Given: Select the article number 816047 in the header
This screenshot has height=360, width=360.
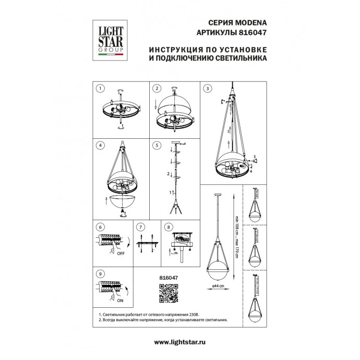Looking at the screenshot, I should click(x=253, y=32).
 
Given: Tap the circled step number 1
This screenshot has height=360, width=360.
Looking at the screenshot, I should click(x=101, y=89).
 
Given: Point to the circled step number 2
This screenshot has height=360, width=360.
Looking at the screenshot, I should click(x=156, y=89).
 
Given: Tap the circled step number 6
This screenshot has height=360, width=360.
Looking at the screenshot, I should click(x=101, y=227).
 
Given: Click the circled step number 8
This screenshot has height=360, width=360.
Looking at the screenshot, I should click(x=169, y=227).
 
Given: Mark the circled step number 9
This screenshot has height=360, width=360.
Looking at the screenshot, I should click(x=101, y=273).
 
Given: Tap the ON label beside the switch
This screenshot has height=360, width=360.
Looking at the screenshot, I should click(x=120, y=301).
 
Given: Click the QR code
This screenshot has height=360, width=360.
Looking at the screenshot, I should click(x=168, y=294).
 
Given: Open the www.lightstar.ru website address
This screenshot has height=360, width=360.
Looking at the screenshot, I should click(x=180, y=341).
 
